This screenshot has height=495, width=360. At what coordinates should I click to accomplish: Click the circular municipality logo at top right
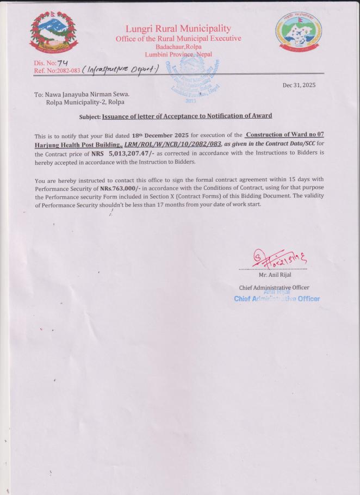[x=298, y=34]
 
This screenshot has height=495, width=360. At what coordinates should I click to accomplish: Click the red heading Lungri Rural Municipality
[x=178, y=28]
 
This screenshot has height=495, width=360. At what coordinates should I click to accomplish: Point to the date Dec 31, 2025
[x=299, y=85]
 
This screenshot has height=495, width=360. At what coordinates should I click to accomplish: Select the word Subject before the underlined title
[x=89, y=116]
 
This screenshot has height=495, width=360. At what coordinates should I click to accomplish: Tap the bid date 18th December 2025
[x=160, y=135]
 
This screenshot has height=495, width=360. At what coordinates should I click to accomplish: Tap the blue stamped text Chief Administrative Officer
[x=277, y=298]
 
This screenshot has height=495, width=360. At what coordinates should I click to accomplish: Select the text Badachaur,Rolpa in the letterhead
[x=178, y=47]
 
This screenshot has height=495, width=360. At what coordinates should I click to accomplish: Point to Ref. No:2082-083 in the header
[x=56, y=70]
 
